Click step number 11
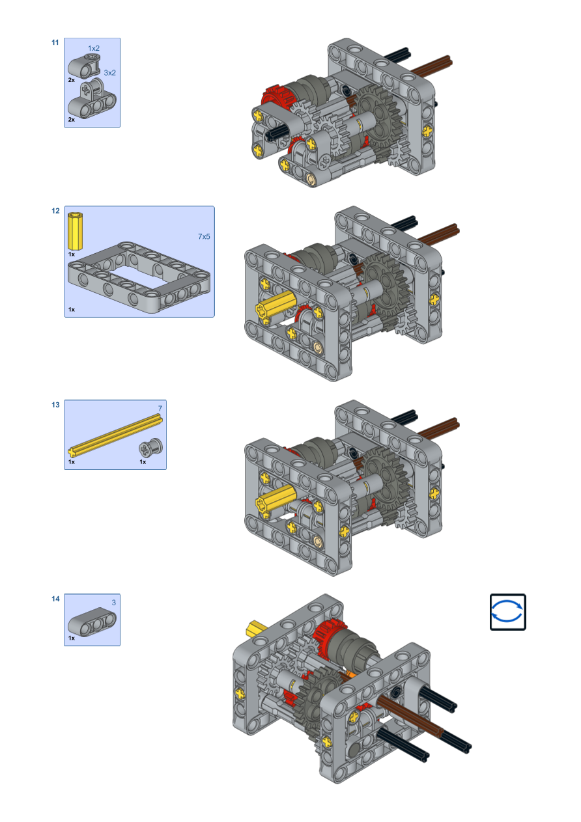[55, 42]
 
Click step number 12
[55, 211]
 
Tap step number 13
[55, 405]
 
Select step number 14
[55, 599]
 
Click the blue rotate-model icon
[507, 612]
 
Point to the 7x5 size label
[204, 237]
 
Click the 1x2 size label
[94, 48]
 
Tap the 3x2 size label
[110, 73]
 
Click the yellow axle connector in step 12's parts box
[75, 231]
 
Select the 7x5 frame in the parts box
[139, 277]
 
